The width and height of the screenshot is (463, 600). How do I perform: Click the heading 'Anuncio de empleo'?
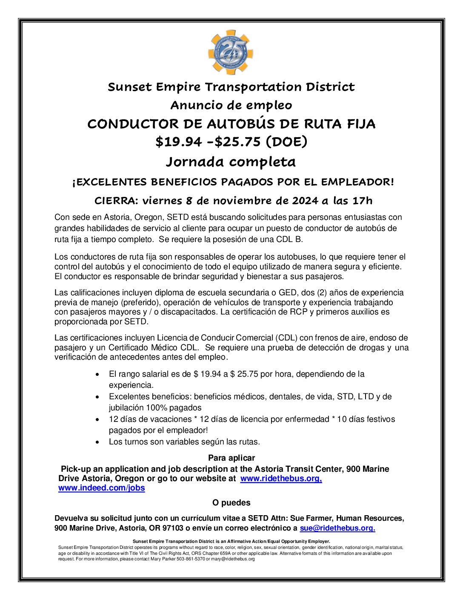coord(231,105)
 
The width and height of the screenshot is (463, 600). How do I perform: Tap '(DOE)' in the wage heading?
coord(286,141)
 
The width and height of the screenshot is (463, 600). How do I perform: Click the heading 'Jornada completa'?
coord(231,162)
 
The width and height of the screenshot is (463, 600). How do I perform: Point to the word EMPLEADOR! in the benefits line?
coord(357,182)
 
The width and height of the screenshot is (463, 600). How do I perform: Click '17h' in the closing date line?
coord(363,201)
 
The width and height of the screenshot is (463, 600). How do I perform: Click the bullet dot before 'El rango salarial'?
coord(98,374)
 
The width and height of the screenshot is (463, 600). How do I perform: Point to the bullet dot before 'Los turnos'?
coord(98,442)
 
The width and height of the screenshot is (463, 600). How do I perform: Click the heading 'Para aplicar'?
coord(231,458)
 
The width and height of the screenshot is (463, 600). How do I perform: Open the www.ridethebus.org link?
coord(281,479)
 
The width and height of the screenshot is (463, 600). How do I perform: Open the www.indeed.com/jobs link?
coord(102,488)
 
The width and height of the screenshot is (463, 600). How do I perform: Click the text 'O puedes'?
coord(231,503)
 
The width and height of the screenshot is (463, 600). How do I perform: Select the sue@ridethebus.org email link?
coord(337,528)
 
